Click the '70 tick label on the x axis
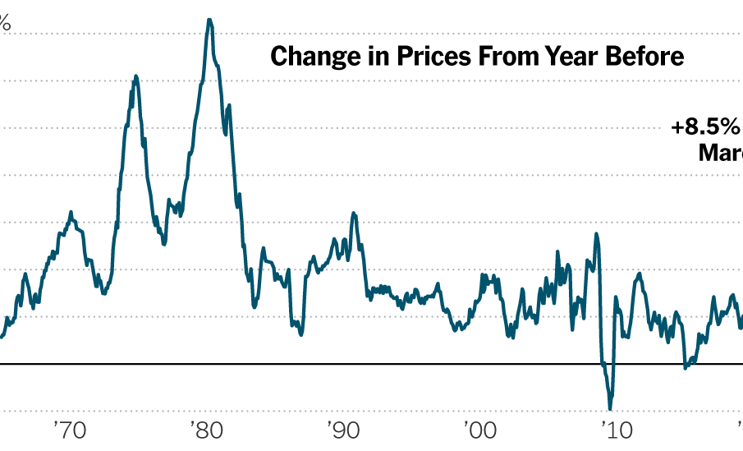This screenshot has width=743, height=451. [x=69, y=430]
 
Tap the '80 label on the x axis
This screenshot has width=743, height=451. [x=204, y=430]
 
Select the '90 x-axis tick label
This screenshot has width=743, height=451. [x=340, y=430]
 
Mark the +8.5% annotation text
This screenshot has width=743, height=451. [x=705, y=128]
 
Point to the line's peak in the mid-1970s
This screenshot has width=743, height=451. [x=135, y=76]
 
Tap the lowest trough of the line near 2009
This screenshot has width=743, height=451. [x=610, y=408]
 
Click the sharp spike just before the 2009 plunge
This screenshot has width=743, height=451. [x=597, y=234]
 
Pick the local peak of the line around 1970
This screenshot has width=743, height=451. [x=71, y=212]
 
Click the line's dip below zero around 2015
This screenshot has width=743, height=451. [x=686, y=367]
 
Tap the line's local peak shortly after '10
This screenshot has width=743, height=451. [x=639, y=274]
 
